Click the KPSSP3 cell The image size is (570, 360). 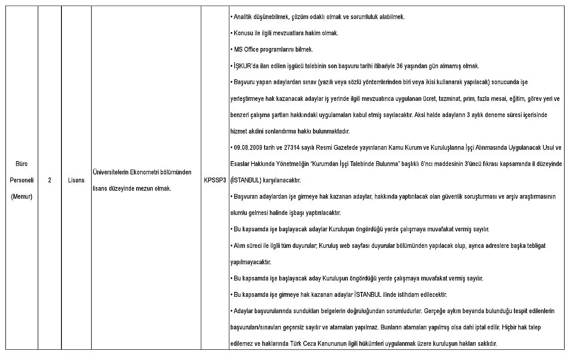click(x=215, y=180)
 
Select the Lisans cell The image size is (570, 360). click(x=76, y=180)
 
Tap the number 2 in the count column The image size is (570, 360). click(x=49, y=180)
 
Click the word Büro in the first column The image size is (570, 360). click(x=21, y=164)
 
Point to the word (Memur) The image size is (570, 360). click(x=21, y=197)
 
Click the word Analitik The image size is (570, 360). click(x=244, y=17)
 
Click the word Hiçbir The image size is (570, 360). click(x=511, y=328)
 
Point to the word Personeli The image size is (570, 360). click(x=21, y=180)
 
